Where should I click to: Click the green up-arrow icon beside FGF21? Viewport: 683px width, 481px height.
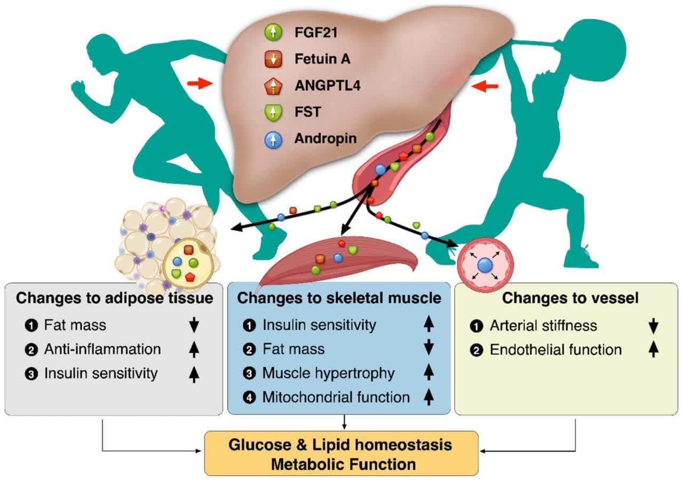[x=273, y=33]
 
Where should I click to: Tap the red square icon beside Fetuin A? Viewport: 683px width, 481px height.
[x=273, y=59]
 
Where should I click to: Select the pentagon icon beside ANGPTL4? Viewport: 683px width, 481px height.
[x=273, y=86]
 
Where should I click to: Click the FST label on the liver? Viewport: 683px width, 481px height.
[x=308, y=112]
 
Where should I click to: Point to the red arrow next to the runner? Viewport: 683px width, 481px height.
[x=200, y=83]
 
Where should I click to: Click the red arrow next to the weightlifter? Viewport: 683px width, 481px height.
[x=485, y=86]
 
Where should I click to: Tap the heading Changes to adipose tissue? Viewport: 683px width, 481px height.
[x=114, y=298]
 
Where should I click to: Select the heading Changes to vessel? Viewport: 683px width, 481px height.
[x=570, y=298]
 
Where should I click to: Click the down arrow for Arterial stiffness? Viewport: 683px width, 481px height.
[x=653, y=326]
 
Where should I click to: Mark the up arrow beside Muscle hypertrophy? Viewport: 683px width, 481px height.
[x=428, y=372]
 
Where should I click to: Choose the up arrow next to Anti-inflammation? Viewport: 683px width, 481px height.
[x=194, y=350]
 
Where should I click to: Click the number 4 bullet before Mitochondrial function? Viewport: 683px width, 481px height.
[x=249, y=397]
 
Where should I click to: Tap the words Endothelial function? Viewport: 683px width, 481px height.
[x=555, y=350]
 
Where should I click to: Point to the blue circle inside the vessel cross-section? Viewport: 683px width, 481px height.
[x=485, y=265]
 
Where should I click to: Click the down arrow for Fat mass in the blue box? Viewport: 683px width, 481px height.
[x=428, y=348]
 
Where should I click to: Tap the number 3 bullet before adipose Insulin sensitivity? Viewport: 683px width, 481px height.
[x=31, y=374]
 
